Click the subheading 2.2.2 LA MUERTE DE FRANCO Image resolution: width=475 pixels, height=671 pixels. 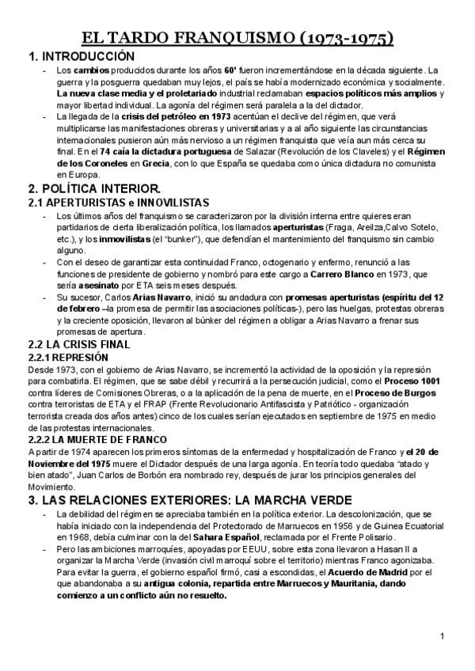point(97,439)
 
